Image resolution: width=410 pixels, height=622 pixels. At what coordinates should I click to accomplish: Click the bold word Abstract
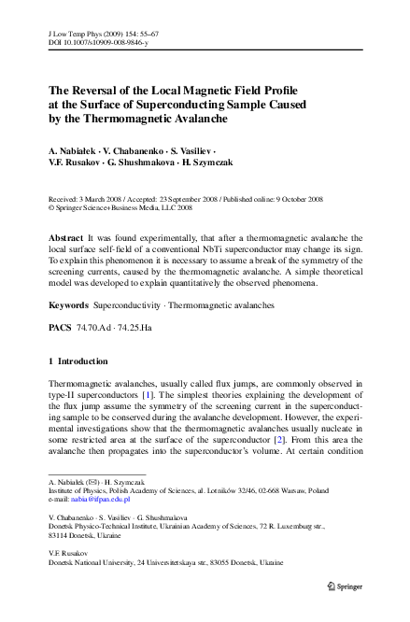click(65, 240)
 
